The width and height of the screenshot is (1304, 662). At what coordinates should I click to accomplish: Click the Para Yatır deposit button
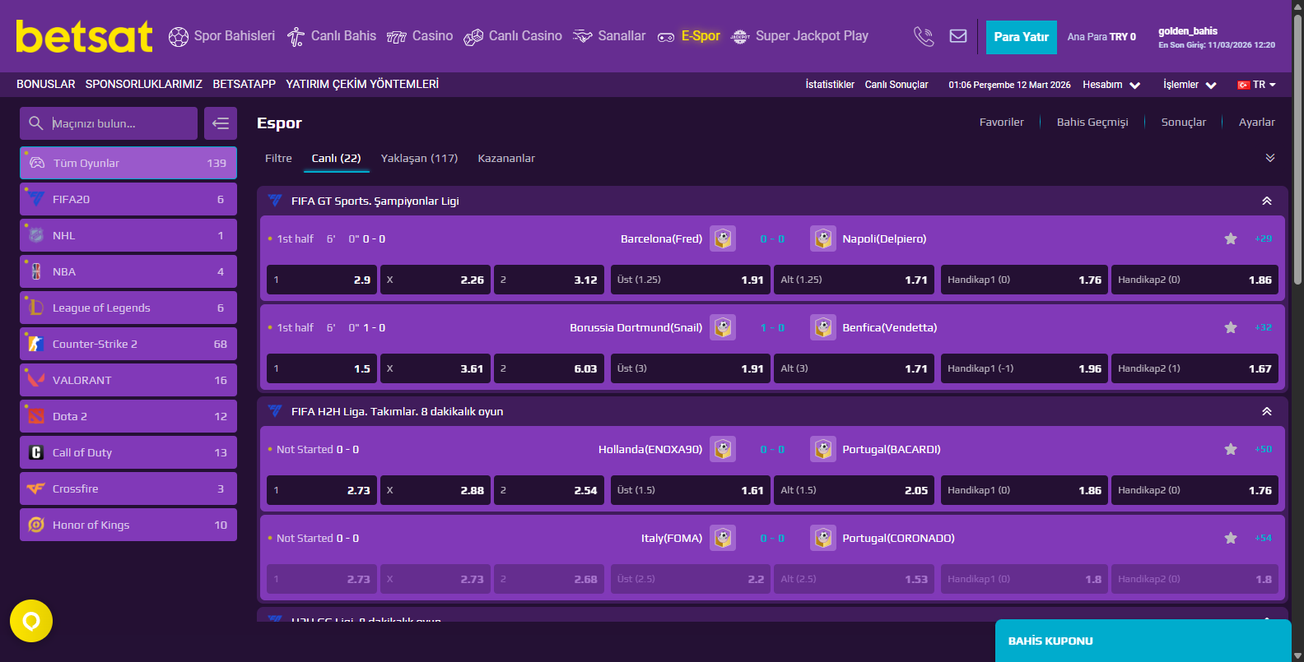(1021, 37)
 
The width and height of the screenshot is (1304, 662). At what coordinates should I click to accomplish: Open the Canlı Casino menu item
(513, 36)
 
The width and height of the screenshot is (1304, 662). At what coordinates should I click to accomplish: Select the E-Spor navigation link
(689, 36)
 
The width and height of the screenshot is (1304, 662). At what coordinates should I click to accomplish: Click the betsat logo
(84, 36)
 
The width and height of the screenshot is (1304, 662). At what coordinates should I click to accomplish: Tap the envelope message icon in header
(958, 36)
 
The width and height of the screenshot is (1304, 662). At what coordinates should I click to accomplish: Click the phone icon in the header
(924, 36)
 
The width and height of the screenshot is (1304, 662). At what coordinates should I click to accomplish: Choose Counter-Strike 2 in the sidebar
(128, 344)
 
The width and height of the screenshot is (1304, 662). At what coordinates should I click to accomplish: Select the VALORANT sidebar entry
(128, 380)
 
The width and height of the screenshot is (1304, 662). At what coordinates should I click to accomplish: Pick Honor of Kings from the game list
(128, 525)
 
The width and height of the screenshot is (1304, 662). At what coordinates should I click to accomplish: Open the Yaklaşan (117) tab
(419, 158)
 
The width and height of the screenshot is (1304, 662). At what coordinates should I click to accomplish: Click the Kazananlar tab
(506, 158)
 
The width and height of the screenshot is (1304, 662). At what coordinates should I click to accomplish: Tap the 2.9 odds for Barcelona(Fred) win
(322, 280)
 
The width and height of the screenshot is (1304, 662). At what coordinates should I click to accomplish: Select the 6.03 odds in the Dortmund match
(549, 368)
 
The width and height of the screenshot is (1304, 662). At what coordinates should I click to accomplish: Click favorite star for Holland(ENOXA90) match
(1231, 449)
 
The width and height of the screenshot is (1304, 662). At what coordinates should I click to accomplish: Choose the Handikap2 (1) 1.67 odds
(1195, 368)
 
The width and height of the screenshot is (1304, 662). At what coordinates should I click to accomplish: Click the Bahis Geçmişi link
(1092, 122)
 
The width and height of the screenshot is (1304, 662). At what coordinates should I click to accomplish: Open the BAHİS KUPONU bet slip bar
(1143, 641)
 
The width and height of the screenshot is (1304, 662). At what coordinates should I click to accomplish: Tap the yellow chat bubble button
(31, 621)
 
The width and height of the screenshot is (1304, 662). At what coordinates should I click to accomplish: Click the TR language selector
(1257, 85)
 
